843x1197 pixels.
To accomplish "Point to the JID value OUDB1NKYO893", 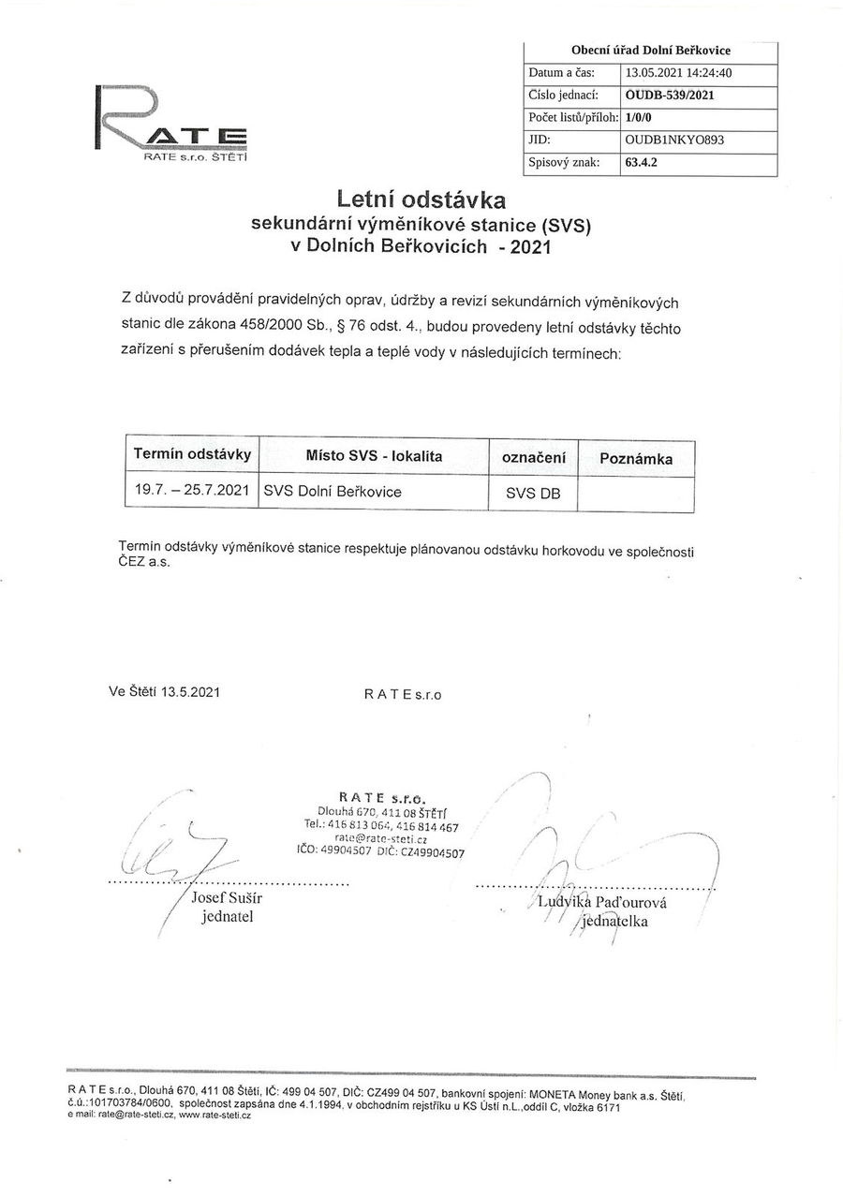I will (x=674, y=139).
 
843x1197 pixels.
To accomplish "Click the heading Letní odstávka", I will (x=421, y=199).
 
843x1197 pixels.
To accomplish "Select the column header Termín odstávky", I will (x=192, y=454).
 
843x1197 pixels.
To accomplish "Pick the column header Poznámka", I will (x=636, y=459).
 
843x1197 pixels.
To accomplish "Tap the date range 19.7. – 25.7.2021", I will (x=192, y=489).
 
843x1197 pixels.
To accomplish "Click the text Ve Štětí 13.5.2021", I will (x=165, y=692).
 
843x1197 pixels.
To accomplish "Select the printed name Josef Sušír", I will (x=227, y=898).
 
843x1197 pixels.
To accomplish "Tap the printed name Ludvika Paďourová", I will (x=602, y=902).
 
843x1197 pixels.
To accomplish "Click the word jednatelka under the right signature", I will (x=614, y=921).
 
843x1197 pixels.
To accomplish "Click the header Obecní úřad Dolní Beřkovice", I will (x=651, y=51).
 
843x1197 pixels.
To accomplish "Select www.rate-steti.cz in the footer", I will (x=214, y=1116).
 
